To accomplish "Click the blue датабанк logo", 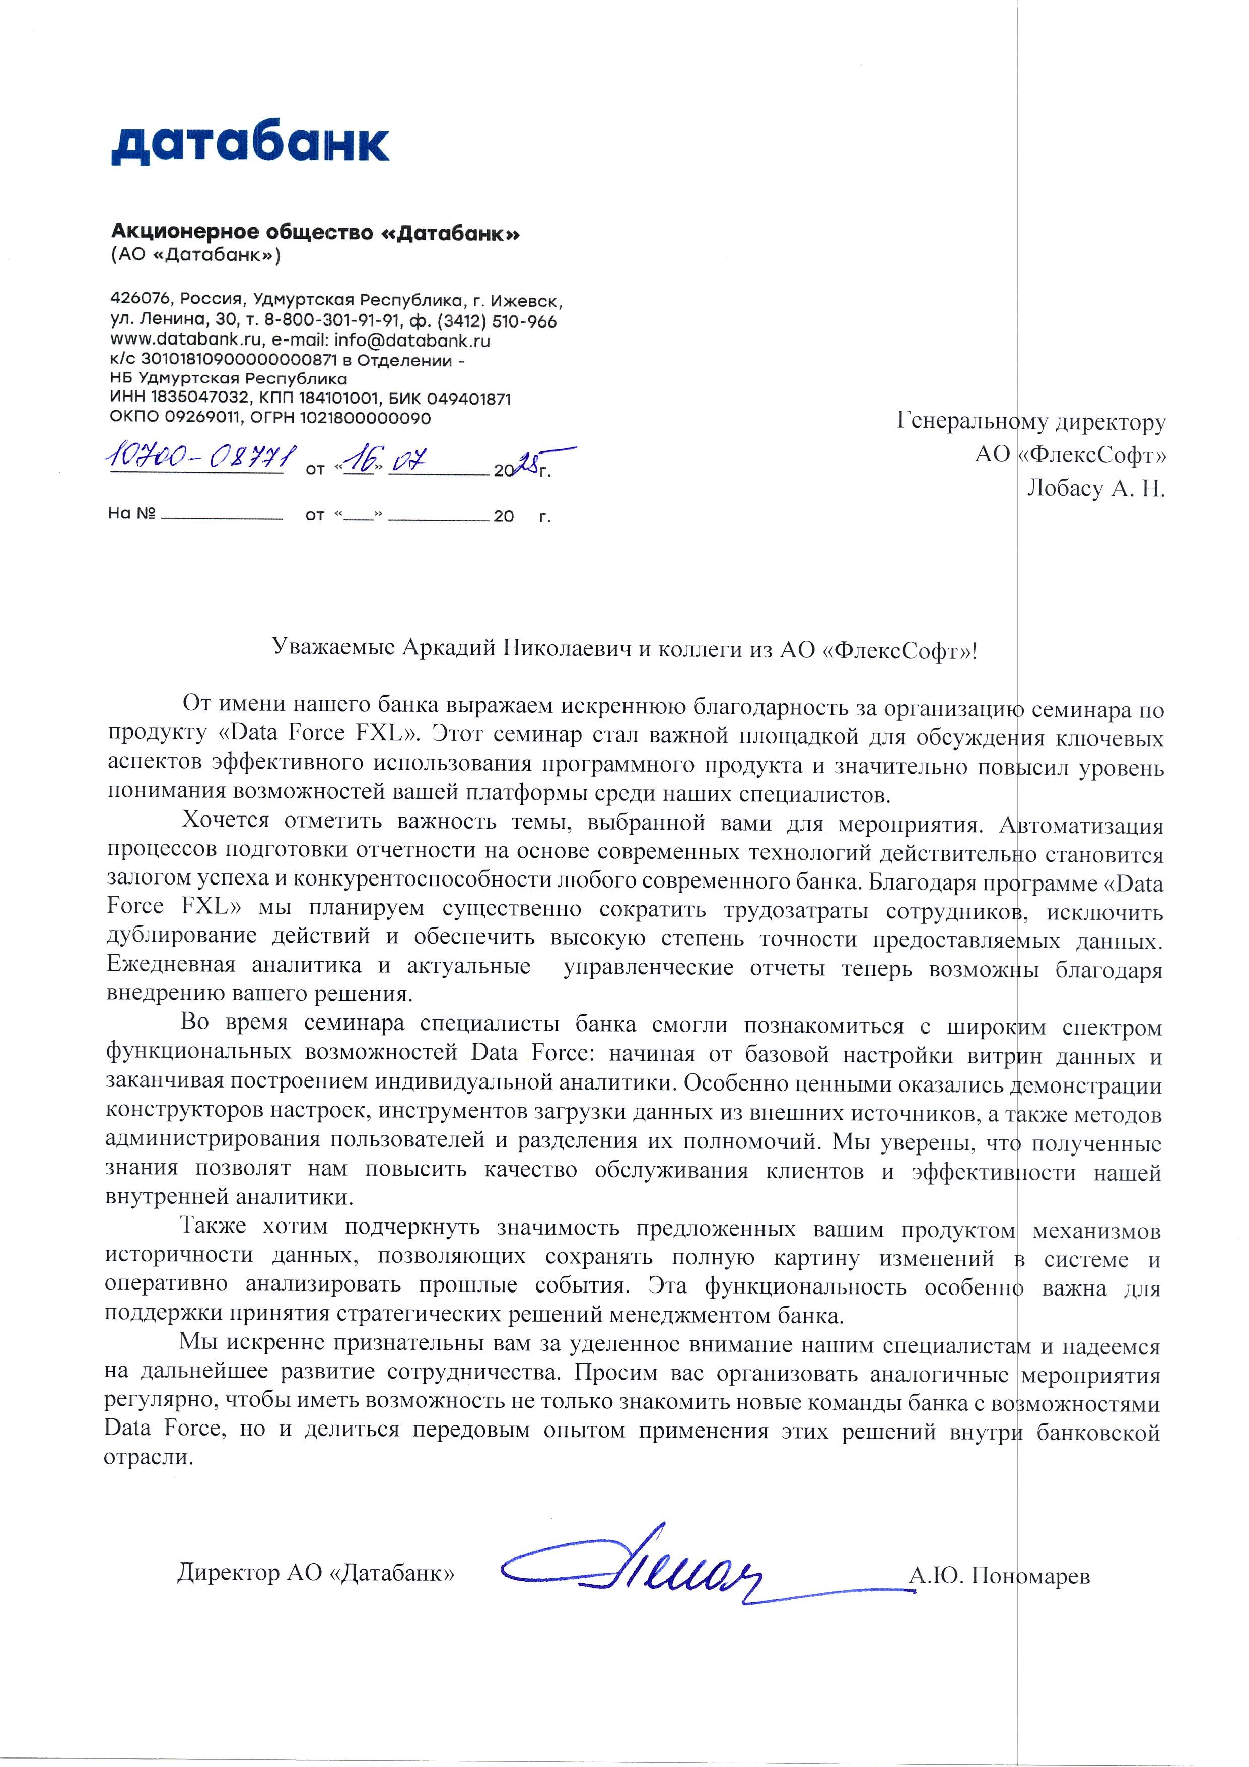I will pos(250,143).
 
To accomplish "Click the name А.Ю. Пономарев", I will pos(999,1576).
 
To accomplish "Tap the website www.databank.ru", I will pos(185,340).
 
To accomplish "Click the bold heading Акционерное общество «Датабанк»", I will pos(315,232).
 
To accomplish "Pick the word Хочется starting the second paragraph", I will pos(225,821).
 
